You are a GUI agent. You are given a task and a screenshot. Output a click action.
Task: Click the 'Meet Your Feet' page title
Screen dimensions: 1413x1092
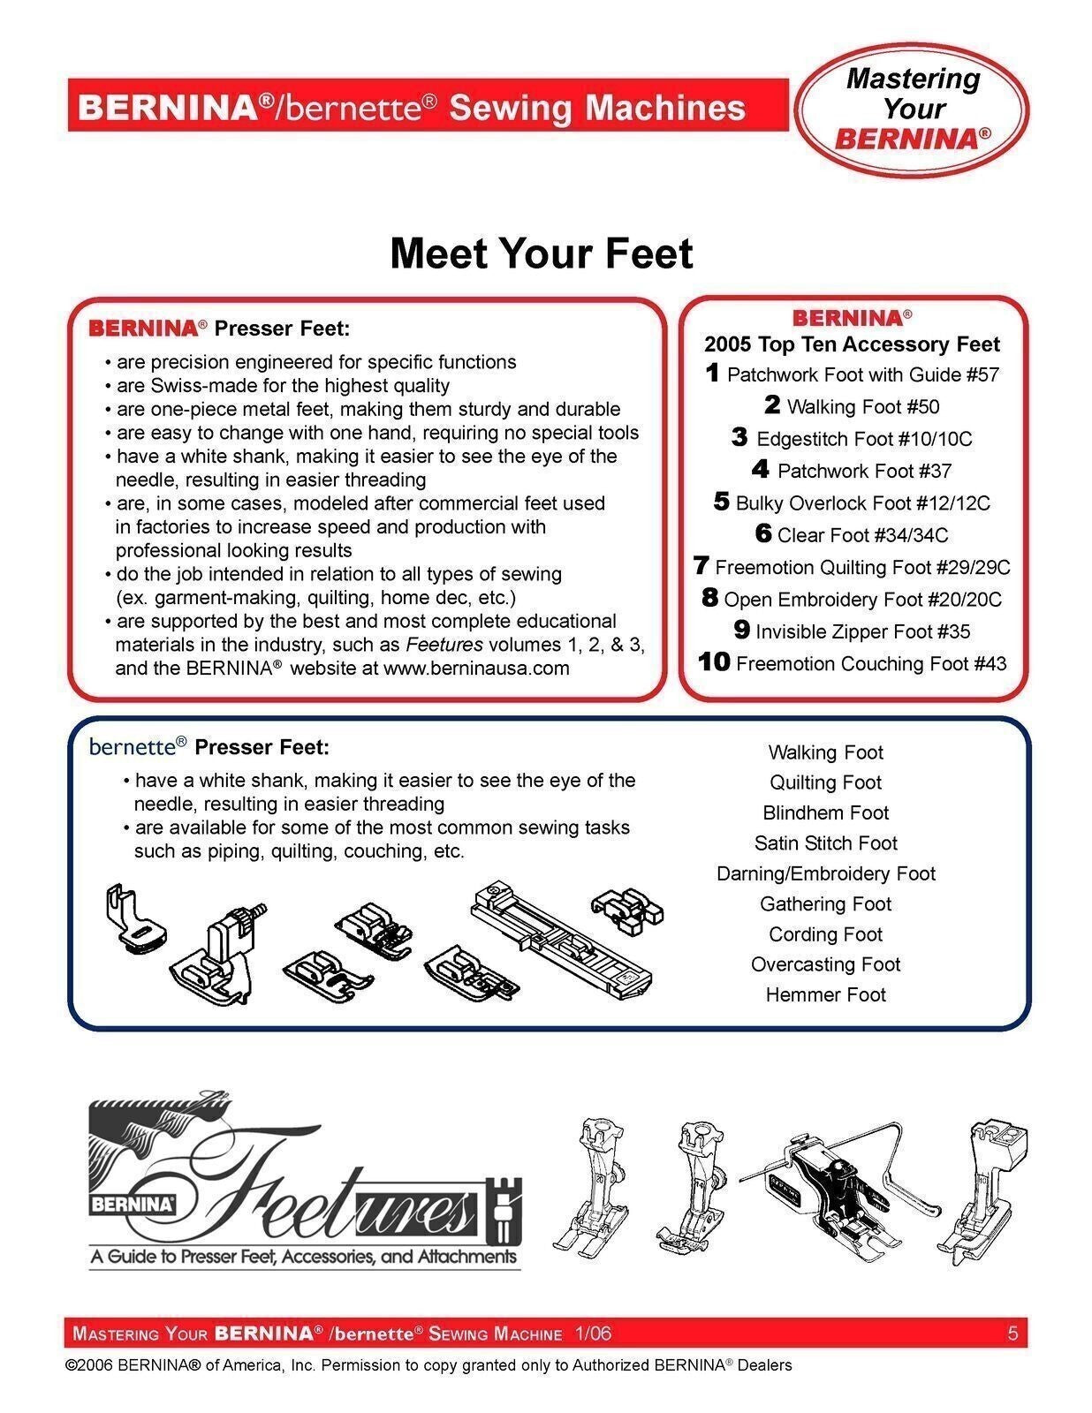541,253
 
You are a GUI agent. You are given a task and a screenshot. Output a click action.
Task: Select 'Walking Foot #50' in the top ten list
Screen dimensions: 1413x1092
862,407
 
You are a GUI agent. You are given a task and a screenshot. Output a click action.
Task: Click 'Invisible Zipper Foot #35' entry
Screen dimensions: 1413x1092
862,631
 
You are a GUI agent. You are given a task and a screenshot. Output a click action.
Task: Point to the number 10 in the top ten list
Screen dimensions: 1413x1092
714,662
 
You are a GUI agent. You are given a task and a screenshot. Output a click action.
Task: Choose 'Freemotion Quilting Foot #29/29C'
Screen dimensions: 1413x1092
862,567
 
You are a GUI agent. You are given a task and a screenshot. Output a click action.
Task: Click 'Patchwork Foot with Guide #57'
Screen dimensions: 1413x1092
862,374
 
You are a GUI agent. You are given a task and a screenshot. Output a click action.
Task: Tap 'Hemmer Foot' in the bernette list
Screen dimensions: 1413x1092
825,995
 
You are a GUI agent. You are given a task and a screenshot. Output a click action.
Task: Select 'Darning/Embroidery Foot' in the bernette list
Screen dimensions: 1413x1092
825,873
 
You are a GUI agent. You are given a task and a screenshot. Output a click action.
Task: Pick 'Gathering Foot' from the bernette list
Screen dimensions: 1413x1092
825,904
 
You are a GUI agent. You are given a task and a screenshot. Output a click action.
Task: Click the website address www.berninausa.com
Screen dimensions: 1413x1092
476,669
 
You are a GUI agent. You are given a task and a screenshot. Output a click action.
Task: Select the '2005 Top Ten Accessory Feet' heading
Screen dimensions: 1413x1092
852,344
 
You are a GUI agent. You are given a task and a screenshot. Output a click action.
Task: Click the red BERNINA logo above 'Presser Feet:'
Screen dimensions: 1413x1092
143,329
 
